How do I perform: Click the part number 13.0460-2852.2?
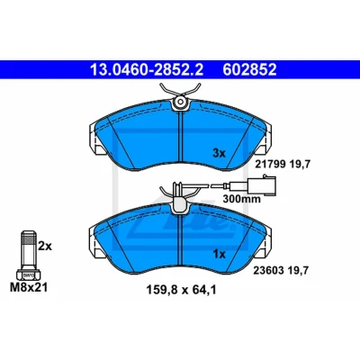tap(147, 69)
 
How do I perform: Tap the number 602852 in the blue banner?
tap(249, 69)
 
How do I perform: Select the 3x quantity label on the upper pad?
tap(219, 154)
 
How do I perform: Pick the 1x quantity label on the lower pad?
tap(219, 255)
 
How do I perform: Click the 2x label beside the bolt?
tap(45, 247)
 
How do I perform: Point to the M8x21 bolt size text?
tap(29, 288)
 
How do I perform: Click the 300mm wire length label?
tap(242, 199)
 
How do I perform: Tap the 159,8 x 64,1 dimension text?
tap(181, 290)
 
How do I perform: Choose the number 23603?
tap(268, 270)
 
